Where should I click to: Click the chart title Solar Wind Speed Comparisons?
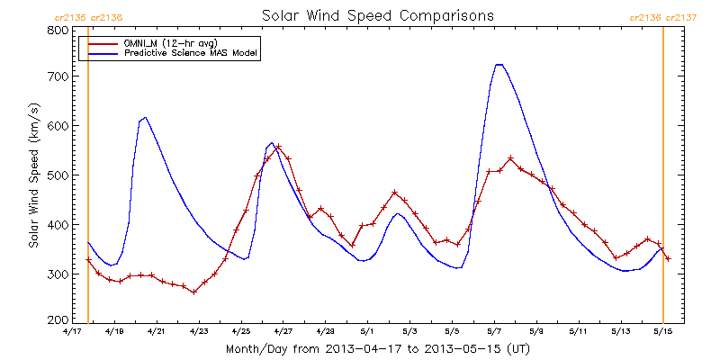click(377, 16)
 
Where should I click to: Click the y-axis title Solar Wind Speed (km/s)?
click(33, 175)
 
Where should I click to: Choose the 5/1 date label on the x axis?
click(367, 332)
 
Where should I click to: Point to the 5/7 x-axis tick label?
click(494, 332)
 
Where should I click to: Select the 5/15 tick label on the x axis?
click(663, 332)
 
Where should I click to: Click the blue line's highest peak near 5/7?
click(499, 64)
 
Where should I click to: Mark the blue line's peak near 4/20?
click(145, 117)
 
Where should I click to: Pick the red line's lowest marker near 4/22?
click(193, 292)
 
